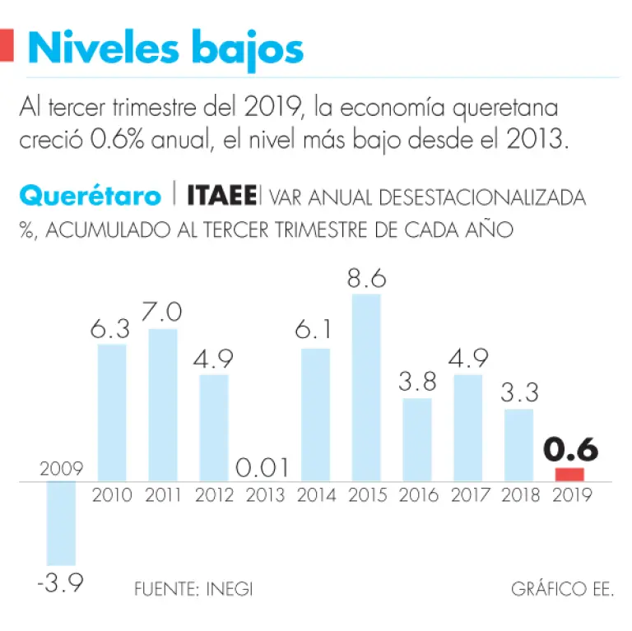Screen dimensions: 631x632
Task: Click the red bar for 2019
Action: (x=569, y=475)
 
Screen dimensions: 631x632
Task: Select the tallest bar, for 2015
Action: (x=366, y=387)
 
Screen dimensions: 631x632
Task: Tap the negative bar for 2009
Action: (x=61, y=522)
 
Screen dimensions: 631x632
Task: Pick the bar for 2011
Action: (x=163, y=405)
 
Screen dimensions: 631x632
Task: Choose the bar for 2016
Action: (x=417, y=440)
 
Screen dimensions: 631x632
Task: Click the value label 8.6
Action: (x=366, y=278)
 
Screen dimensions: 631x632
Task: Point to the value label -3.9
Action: (x=61, y=586)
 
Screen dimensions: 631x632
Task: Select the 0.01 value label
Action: (x=264, y=468)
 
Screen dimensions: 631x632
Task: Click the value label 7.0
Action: (x=163, y=313)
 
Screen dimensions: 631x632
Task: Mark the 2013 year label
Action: (x=265, y=495)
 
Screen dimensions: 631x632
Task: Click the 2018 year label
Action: (x=519, y=495)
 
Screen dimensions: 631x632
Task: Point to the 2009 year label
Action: (x=61, y=470)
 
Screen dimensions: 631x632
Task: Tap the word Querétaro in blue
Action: (x=91, y=197)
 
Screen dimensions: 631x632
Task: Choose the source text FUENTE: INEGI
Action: (x=193, y=589)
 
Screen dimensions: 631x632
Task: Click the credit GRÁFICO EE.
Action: (x=562, y=589)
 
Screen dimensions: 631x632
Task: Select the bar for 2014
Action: (x=315, y=415)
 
